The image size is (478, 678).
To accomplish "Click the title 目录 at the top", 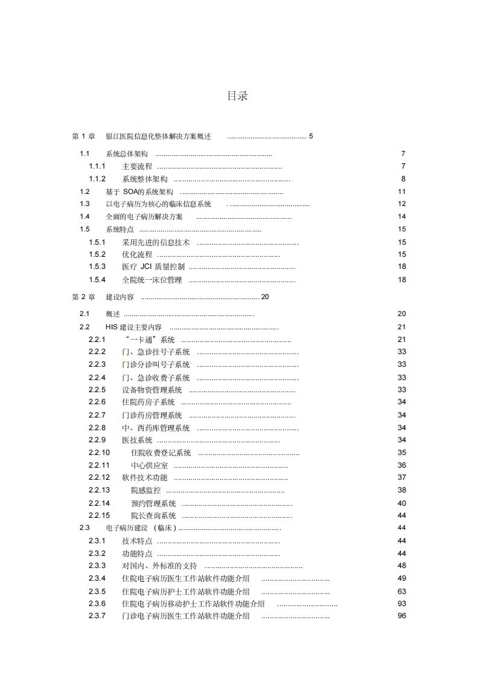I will tap(237, 96).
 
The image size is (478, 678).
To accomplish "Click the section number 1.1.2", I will tap(97, 179).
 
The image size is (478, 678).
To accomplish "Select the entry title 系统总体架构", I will tap(127, 154).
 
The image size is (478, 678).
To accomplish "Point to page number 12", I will tap(401, 204).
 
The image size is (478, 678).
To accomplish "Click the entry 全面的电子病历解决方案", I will tap(144, 216).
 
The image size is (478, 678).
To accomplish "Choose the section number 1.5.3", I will tap(97, 266).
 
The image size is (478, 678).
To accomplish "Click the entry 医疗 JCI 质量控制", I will tap(153, 266).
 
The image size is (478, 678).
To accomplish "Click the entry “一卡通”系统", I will tap(148, 340).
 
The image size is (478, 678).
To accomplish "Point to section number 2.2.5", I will tap(97, 390).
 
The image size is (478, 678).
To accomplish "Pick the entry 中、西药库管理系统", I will tap(156, 428).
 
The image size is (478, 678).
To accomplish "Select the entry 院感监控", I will tap(142, 490).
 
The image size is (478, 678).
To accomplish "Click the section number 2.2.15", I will tap(99, 515).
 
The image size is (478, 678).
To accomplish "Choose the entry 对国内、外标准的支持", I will tap(159, 566).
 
